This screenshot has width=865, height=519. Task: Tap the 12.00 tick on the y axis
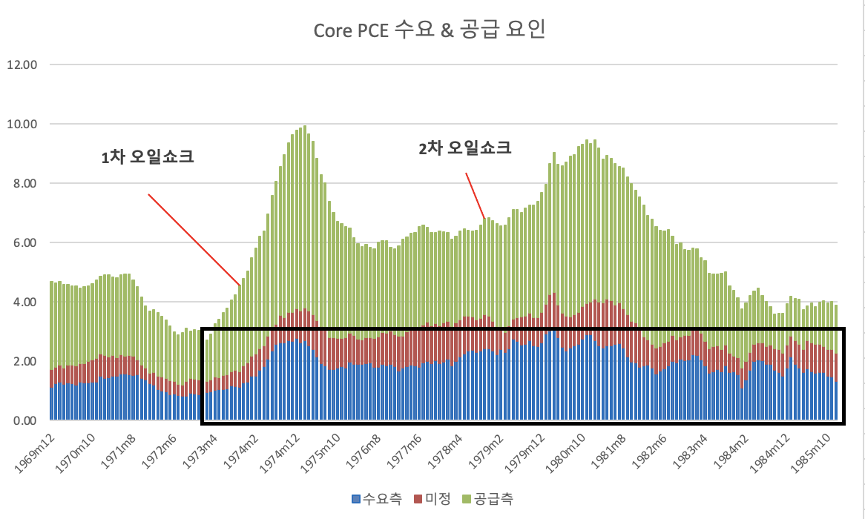point(22,65)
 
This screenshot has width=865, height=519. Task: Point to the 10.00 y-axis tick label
point(22,124)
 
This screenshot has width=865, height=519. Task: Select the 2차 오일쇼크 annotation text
point(465,148)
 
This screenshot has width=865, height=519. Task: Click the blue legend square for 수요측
point(356,499)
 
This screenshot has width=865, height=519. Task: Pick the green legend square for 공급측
point(466,499)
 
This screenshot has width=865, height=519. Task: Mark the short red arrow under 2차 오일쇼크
point(476,196)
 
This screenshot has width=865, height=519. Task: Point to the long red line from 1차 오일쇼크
point(194,239)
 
